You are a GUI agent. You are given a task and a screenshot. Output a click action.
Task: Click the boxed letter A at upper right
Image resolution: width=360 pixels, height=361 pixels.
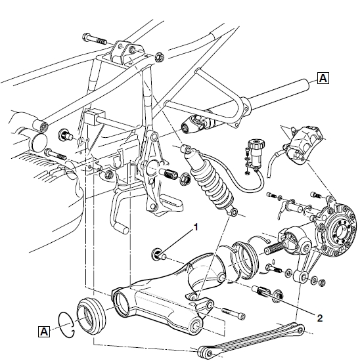(x=323, y=78)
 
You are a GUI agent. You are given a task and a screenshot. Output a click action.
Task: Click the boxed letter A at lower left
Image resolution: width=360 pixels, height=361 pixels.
(x=44, y=331)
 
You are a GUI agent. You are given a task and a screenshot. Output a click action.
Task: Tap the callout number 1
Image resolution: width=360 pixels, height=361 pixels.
(x=196, y=227)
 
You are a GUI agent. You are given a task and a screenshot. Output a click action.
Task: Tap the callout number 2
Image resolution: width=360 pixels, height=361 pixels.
(x=320, y=318)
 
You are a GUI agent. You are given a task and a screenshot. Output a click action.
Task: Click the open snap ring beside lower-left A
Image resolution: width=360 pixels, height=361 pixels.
(x=66, y=326)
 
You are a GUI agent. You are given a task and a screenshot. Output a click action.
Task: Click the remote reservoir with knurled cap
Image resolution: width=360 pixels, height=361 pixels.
(x=256, y=152)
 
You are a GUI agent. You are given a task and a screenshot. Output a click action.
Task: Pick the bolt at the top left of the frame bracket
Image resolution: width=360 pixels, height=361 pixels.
(x=94, y=39)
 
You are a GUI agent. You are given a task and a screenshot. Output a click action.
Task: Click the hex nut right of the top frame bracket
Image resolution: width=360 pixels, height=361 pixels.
(x=159, y=57)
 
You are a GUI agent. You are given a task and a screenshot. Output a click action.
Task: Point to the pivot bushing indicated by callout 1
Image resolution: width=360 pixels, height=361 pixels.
(x=158, y=254)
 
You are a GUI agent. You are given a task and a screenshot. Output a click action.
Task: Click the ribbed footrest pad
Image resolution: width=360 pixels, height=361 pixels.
(x=171, y=203)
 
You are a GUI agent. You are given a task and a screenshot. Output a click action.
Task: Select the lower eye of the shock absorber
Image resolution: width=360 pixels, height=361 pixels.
(x=234, y=212)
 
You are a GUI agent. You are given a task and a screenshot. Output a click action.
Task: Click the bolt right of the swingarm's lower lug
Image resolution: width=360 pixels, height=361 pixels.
(x=233, y=314)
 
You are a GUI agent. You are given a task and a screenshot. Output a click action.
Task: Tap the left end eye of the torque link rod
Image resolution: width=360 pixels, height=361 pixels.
(x=204, y=352)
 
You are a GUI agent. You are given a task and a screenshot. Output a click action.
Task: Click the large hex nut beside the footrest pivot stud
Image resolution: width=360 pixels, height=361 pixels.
(x=185, y=179)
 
